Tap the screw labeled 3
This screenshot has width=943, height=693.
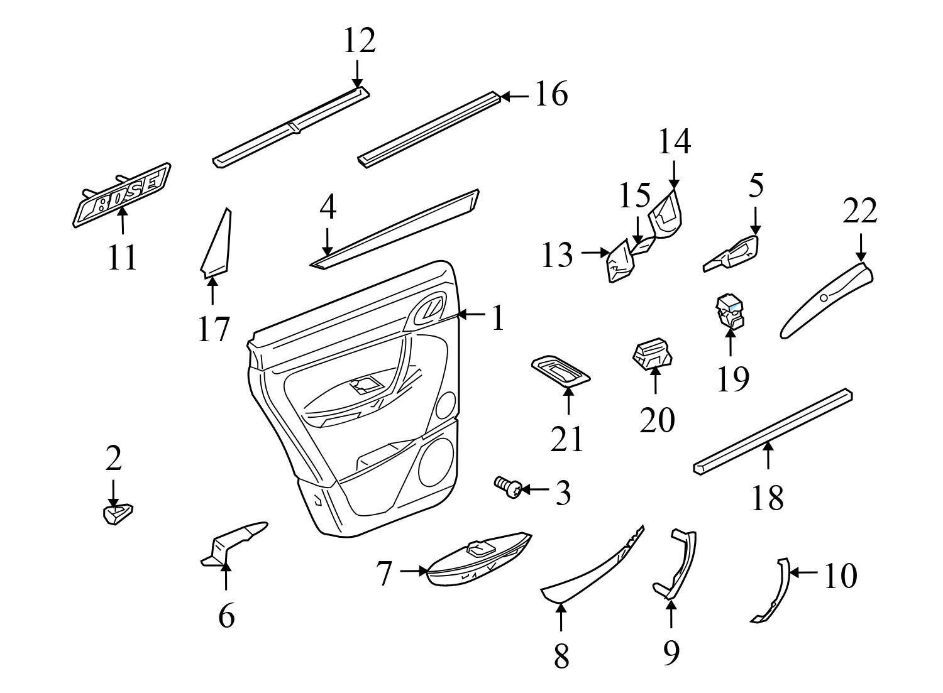click(507, 487)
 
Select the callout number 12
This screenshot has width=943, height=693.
click(359, 41)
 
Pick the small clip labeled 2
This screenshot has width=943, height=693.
click(117, 513)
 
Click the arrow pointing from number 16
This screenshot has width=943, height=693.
click(516, 96)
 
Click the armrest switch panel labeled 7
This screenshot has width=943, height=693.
click(478, 561)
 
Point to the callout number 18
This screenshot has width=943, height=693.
click(768, 498)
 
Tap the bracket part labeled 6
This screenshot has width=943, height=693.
click(233, 542)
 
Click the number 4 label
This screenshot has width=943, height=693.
click(327, 208)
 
